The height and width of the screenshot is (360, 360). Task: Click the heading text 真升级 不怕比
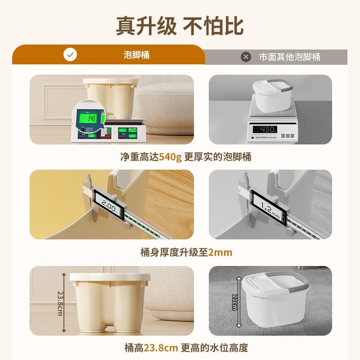180,26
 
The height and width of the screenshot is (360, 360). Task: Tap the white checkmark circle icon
70,55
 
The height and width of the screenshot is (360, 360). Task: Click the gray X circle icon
246,57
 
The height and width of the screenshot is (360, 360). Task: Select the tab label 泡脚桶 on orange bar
136,55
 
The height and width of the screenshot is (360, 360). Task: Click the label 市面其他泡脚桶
290,57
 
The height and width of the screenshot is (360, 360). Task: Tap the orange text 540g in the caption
170,157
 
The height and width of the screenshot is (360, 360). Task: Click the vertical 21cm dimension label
234,302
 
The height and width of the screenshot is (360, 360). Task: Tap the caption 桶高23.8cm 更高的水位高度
186,348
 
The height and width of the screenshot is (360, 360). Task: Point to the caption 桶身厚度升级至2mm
186,252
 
